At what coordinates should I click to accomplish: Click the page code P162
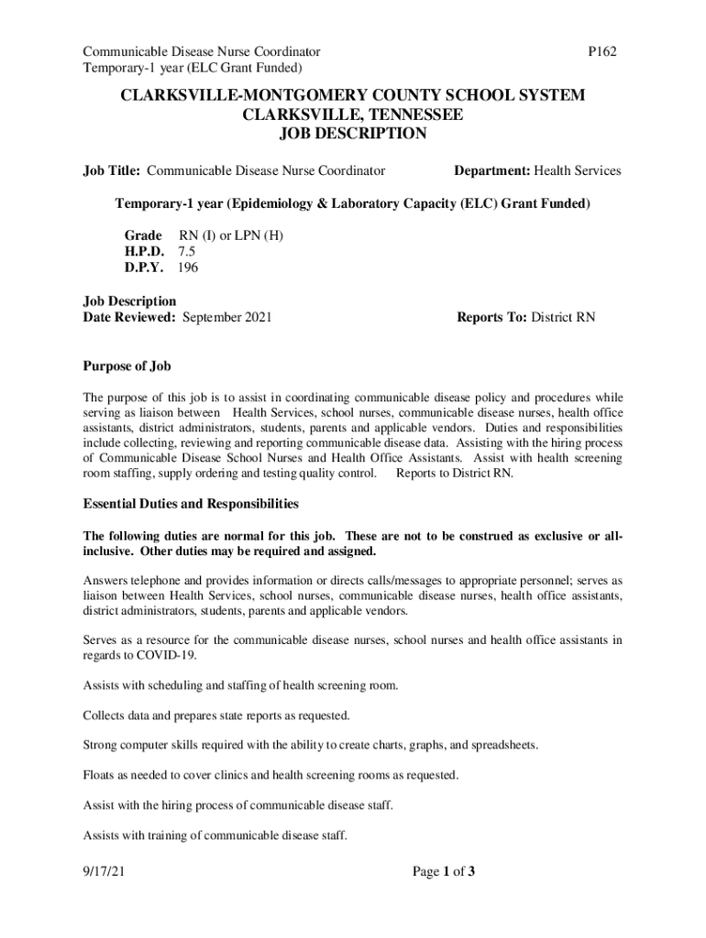click(x=601, y=51)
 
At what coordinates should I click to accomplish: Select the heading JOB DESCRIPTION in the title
click(x=353, y=134)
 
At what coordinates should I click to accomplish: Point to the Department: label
click(x=492, y=170)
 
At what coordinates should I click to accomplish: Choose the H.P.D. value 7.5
click(x=187, y=251)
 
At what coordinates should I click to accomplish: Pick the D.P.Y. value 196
click(x=188, y=267)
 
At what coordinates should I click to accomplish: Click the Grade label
click(x=143, y=235)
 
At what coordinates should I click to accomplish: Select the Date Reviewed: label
click(x=129, y=317)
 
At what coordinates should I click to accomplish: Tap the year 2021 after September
click(x=256, y=317)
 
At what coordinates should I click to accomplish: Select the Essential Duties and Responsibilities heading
click(x=191, y=504)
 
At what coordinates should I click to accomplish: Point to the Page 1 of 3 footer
click(x=444, y=872)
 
